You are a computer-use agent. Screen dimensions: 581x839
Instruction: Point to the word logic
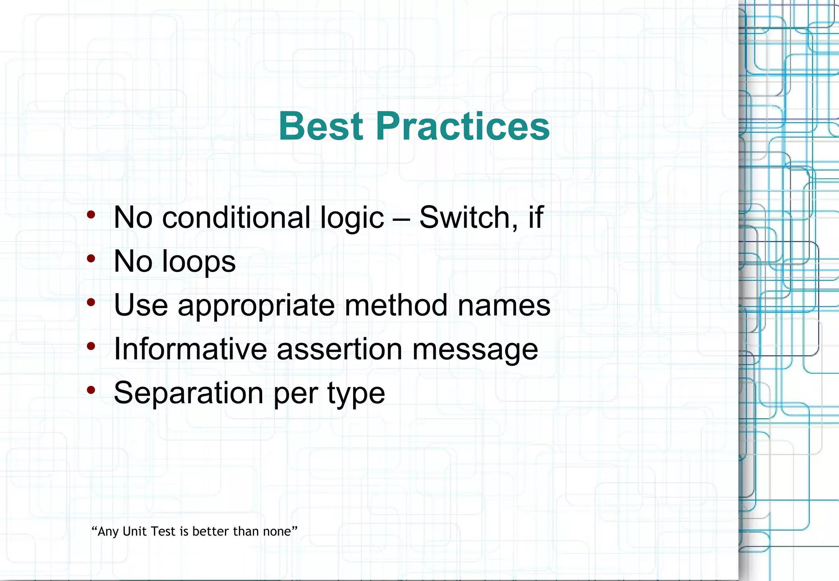(352, 218)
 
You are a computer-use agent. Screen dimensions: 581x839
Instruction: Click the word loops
(199, 262)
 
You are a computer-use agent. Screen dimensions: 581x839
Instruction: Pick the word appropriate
(256, 306)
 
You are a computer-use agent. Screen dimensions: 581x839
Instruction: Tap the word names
(504, 306)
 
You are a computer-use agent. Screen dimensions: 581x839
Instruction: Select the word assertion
(340, 349)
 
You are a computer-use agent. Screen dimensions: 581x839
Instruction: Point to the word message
(475, 350)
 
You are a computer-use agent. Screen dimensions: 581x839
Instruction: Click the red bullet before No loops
(91, 259)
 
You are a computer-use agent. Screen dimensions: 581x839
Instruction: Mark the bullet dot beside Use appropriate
(91, 302)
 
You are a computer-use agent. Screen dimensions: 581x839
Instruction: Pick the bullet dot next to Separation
(91, 390)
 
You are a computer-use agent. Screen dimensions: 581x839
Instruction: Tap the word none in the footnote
(277, 531)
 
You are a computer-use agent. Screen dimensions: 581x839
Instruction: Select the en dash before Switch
(401, 218)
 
